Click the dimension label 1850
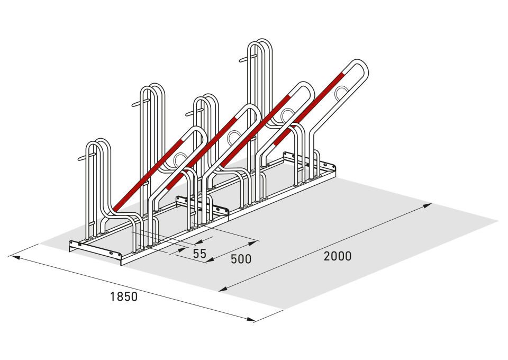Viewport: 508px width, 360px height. pos(124,296)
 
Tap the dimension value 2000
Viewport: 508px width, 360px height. pos(338,256)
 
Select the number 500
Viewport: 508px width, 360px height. pos(241,259)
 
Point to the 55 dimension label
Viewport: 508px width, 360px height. pos(199,254)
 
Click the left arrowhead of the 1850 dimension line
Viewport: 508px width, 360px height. pos(15,257)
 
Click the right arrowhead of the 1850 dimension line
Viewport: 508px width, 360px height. pos(250,319)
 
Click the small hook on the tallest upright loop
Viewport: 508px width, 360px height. pos(248,58)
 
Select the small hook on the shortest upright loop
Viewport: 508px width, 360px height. pos(87,157)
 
